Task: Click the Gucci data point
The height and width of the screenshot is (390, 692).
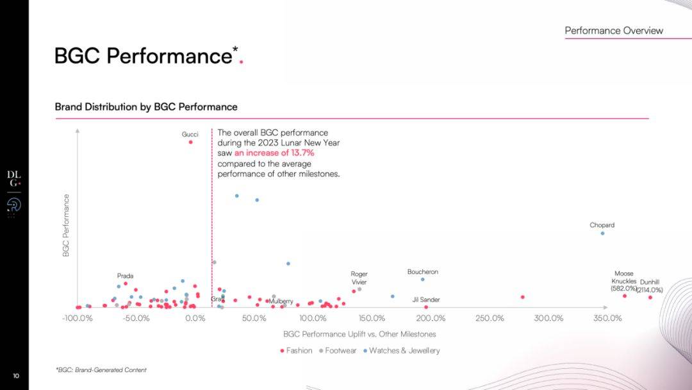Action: [x=190, y=142]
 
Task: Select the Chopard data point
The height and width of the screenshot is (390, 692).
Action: [x=602, y=233]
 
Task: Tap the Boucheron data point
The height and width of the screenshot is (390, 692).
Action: [x=422, y=279]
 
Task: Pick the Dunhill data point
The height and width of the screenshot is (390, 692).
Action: [x=650, y=297]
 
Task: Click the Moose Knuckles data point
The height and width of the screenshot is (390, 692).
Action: [x=625, y=296]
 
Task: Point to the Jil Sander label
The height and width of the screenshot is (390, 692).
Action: [x=426, y=300]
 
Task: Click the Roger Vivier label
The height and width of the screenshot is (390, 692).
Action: [x=359, y=278]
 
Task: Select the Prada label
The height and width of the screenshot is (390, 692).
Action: [x=125, y=276]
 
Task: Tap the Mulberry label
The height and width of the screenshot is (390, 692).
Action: [x=281, y=301]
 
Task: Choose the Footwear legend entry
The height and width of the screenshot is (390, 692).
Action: [x=337, y=350]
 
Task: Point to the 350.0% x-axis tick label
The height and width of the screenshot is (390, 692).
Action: [x=607, y=318]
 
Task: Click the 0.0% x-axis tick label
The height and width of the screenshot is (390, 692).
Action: [x=195, y=318]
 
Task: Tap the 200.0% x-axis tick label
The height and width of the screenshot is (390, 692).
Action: [x=431, y=318]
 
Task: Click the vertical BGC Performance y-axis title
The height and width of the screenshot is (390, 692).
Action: [x=66, y=226]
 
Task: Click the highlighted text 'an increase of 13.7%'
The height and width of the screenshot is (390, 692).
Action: [x=274, y=153]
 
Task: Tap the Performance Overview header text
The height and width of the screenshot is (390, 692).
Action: [x=614, y=31]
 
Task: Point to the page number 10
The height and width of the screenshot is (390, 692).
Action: [x=16, y=375]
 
